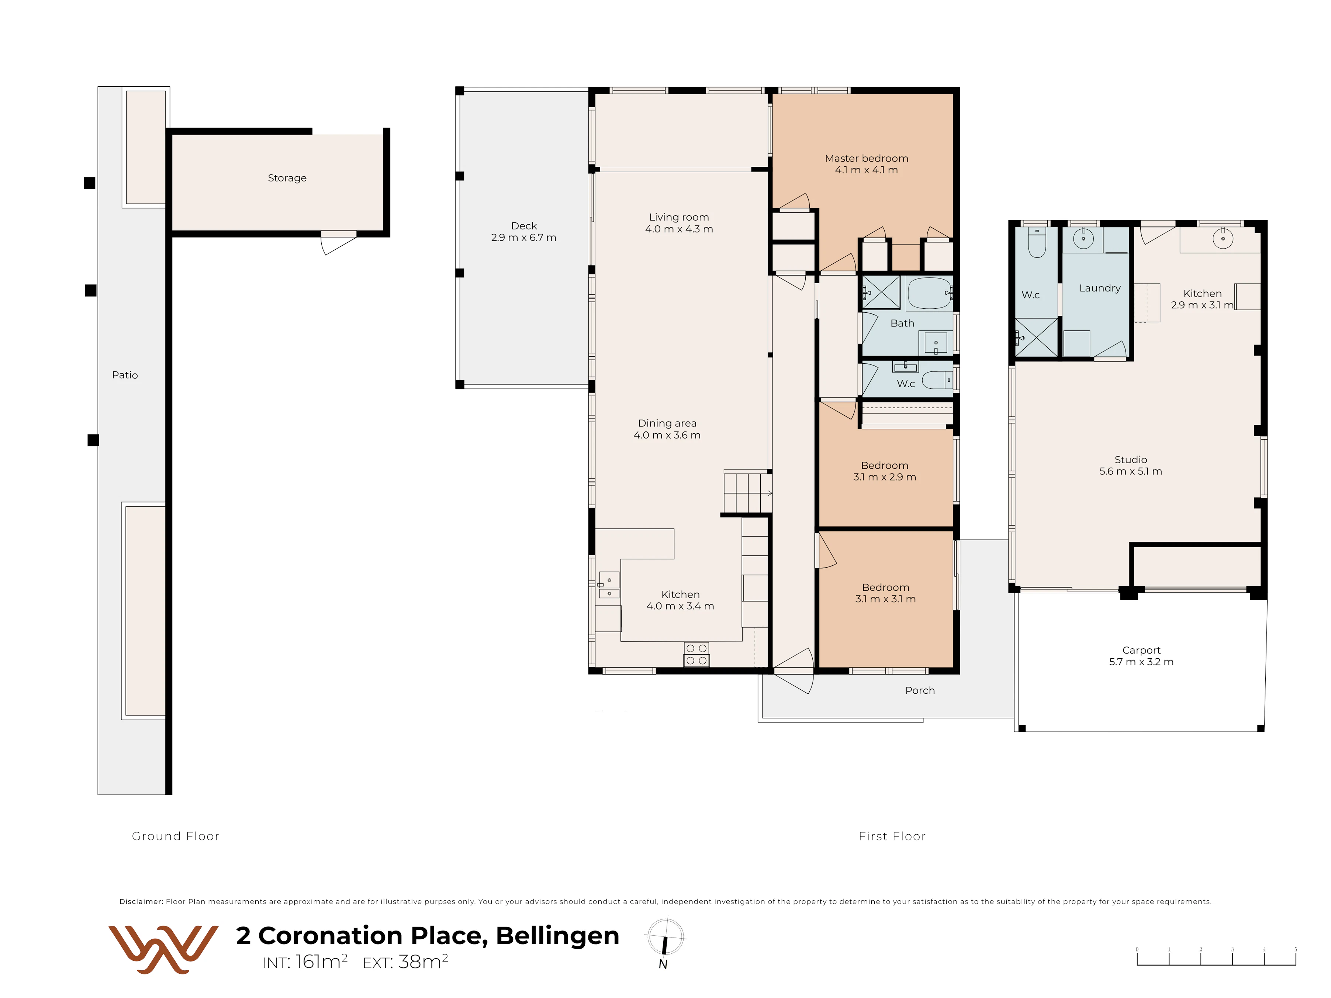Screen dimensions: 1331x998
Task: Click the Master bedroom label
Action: [867, 158]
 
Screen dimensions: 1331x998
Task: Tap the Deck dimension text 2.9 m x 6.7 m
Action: [523, 238]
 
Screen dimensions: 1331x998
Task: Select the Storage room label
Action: [287, 178]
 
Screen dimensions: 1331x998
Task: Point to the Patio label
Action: [125, 375]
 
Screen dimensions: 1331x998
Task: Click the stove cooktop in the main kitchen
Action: [696, 655]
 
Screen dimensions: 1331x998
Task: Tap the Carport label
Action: [1141, 650]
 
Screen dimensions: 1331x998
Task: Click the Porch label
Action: [920, 691]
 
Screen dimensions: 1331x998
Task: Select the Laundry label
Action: [1100, 288]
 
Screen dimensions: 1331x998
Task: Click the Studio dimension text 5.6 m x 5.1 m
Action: [1131, 472]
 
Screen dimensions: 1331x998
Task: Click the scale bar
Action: [1216, 957]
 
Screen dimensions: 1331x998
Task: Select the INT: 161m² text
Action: [304, 962]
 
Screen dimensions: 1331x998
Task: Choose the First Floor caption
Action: [892, 836]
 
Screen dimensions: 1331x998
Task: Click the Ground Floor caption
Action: [176, 836]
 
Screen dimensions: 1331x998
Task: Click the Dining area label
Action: [667, 423]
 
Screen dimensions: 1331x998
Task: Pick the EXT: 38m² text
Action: [405, 962]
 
